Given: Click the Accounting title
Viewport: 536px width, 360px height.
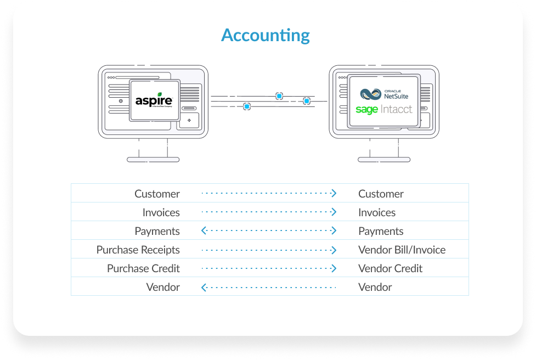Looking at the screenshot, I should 266,36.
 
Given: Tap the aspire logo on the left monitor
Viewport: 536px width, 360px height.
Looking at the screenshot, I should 154,100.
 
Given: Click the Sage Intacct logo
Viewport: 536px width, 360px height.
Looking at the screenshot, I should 383,110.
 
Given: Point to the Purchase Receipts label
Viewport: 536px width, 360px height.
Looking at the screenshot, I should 138,250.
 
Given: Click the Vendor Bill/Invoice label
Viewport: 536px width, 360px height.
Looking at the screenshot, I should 402,250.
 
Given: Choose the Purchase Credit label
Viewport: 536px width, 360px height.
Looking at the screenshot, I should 143,268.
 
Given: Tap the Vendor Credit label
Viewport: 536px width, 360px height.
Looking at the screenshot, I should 390,268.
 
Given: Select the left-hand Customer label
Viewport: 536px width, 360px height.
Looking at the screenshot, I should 157,194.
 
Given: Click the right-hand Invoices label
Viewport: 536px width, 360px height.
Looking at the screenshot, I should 377,212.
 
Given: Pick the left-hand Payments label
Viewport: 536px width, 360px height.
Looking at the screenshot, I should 157,231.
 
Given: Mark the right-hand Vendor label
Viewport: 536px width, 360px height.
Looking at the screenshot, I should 375,287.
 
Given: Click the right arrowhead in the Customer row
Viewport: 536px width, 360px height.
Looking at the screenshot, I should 333,194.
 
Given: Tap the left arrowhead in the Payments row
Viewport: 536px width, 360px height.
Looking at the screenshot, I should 204,231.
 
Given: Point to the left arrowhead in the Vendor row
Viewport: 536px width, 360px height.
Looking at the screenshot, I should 204,287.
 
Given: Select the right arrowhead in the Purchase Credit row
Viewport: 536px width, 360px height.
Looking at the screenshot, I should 333,268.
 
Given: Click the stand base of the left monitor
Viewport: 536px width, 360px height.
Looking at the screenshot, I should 145,160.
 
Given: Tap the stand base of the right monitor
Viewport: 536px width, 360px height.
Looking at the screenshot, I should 376,160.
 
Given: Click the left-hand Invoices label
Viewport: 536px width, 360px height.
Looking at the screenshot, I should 161,212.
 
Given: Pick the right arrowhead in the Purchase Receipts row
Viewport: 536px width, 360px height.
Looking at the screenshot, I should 333,250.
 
